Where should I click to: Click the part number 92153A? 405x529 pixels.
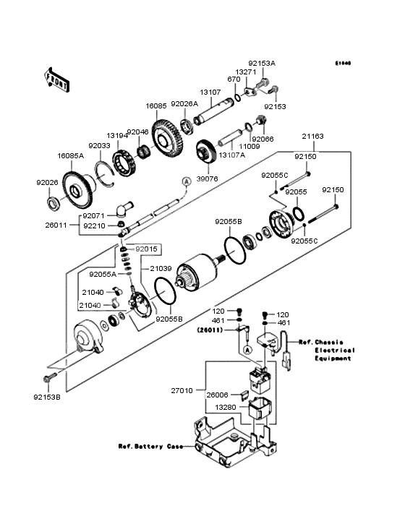tap(262, 63)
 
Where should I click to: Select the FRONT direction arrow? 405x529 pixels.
tap(57, 79)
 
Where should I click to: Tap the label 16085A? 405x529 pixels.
tap(71, 155)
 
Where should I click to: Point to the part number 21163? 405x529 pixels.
tap(312, 135)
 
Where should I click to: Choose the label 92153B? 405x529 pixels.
tap(48, 397)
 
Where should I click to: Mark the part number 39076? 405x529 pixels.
tap(207, 179)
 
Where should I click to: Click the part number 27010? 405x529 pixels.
tap(182, 390)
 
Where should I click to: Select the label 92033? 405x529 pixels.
tap(100, 145)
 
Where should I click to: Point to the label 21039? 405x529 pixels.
tap(161, 268)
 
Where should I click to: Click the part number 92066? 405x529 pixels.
tap(262, 138)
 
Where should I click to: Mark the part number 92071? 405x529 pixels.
tap(93, 215)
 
